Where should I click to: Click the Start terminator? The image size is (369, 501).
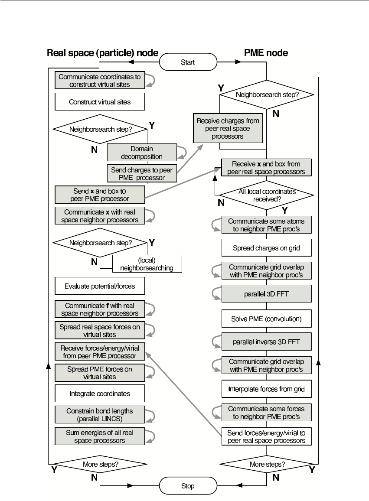[x=188, y=62]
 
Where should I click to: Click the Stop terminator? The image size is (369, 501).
[x=188, y=486]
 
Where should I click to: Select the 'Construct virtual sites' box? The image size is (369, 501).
[x=100, y=102]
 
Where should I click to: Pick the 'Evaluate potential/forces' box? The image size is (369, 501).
[x=100, y=286]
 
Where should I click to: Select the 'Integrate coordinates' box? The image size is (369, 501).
[x=100, y=394]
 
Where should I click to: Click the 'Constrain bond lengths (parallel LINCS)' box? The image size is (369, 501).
[x=100, y=415]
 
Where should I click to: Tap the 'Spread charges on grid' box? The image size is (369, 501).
[x=266, y=248]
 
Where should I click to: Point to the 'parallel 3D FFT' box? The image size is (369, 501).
[x=266, y=293]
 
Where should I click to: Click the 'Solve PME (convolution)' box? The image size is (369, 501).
[x=266, y=319]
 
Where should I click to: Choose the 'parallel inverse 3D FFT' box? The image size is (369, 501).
[x=266, y=342]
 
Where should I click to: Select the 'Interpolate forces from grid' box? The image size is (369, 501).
[x=266, y=389]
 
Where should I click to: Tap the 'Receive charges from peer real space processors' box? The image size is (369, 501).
[x=228, y=128]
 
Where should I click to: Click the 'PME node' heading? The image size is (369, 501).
[x=266, y=53]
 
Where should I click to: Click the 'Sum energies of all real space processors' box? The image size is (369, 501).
[x=100, y=436]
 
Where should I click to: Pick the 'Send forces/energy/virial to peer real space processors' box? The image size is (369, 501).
[x=266, y=436]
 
